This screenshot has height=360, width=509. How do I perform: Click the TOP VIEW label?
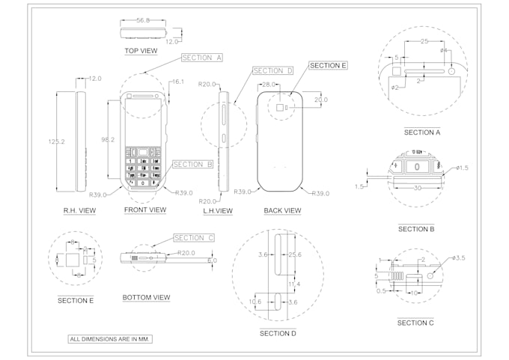pos(140,51)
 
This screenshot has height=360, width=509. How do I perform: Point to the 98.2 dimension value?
pos(109,139)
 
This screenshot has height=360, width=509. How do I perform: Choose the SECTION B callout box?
pos(193,164)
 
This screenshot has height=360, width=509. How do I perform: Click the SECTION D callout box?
pos(272,71)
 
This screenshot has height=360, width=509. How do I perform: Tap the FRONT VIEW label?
pos(145,210)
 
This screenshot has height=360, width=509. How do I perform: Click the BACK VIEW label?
pos(282,211)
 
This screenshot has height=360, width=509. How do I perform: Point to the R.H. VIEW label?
pos(79,211)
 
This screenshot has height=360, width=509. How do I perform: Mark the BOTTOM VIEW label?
pos(146,298)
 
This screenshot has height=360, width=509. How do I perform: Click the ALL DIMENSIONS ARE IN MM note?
pos(110,339)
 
